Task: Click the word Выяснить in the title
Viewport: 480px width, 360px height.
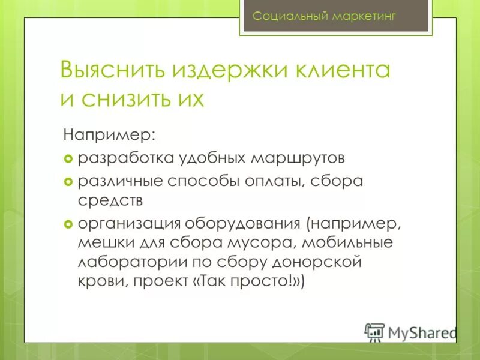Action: (112, 70)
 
